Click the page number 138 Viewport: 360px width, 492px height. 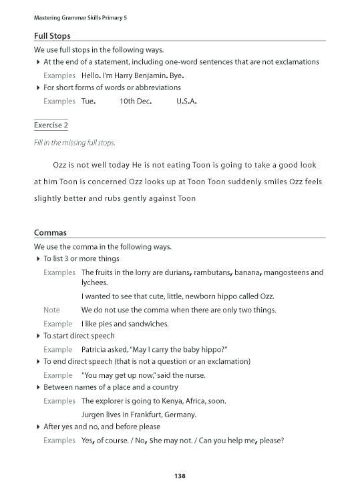click(x=179, y=476)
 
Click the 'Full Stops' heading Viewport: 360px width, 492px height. click(x=52, y=35)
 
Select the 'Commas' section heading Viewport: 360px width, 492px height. click(x=50, y=233)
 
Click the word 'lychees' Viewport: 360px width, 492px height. click(x=95, y=282)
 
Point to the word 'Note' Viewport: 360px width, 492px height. click(x=51, y=310)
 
